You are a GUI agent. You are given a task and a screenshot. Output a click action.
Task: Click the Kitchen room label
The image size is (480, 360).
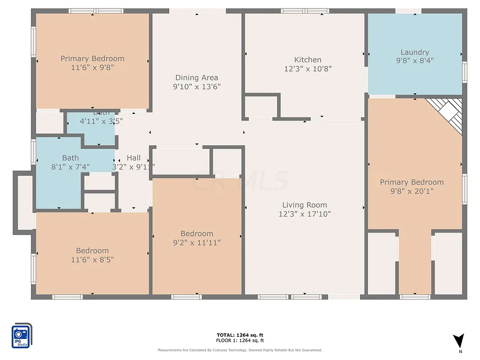307,60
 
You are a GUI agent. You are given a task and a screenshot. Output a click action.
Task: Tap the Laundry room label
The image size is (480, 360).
415,52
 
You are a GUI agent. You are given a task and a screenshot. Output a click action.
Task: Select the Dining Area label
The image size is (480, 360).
196,77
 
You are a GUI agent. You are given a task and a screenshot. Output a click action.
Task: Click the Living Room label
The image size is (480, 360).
305,205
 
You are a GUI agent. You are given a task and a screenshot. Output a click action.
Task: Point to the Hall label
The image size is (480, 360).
134,158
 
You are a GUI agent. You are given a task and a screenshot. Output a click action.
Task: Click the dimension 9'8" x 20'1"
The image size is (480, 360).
412,191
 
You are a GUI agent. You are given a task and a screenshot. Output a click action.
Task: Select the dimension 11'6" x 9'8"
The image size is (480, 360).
92,67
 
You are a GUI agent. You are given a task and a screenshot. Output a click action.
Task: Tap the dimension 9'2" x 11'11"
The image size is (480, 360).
197,242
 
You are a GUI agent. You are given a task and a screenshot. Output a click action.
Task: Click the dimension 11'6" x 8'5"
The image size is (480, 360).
92,259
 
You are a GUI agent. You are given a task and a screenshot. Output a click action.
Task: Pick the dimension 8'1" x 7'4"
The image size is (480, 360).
70,166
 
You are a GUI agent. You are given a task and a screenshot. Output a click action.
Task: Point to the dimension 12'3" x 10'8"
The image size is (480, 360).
307,68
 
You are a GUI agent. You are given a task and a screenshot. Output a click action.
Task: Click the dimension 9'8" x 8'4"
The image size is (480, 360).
415,60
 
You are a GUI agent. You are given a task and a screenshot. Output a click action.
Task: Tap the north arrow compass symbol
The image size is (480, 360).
459,341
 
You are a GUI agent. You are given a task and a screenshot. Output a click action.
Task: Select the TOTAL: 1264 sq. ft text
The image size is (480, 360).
240,335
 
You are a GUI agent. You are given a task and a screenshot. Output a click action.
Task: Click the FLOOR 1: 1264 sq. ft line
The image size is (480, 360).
240,340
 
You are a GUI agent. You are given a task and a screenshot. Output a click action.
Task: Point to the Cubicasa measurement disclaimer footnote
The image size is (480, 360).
240,350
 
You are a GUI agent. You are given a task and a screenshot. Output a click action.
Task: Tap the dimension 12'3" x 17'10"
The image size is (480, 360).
305,214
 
